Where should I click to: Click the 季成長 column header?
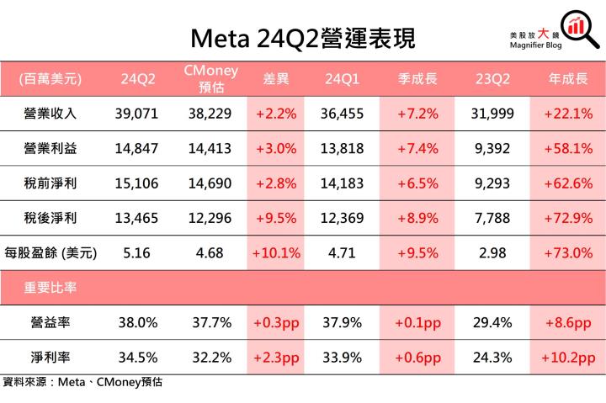coord(415,79)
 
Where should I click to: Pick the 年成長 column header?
coord(567,79)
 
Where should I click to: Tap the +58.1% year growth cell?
coord(567,148)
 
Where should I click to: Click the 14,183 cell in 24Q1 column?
coord(343,183)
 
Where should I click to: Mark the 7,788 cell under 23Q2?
coord(490,217)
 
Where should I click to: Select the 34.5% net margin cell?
coord(136,356)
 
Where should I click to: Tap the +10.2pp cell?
coord(567,356)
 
